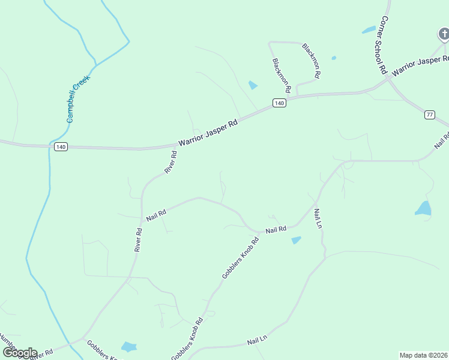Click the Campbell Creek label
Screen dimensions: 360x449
[78, 99]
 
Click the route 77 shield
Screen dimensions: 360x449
[429, 115]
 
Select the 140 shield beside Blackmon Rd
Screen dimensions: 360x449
[279, 103]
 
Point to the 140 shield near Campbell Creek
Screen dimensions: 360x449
[60, 147]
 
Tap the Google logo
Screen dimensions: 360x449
[20, 353]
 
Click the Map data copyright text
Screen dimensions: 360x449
[424, 355]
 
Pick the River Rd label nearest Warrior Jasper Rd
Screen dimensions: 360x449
[171, 162]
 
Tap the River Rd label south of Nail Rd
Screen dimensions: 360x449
[139, 239]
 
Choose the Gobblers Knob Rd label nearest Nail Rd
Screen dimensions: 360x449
[240, 257]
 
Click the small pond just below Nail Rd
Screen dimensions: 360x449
[296, 240]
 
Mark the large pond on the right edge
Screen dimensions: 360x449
[423, 208]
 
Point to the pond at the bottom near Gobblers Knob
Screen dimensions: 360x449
[128, 346]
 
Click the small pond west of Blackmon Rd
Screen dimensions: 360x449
[253, 85]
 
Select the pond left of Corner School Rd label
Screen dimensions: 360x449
[369, 30]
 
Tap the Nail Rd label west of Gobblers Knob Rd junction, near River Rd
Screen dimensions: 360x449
[155, 213]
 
